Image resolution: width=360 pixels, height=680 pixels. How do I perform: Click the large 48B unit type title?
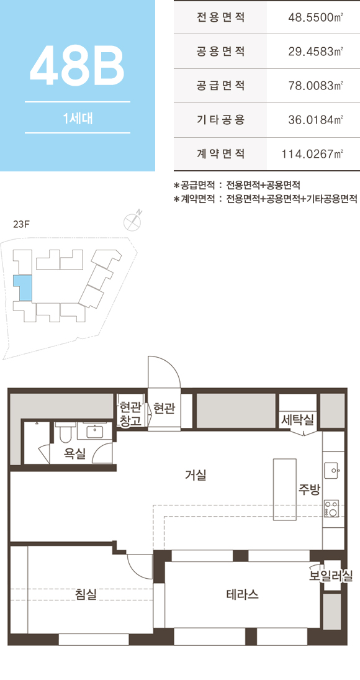[x=77, y=65]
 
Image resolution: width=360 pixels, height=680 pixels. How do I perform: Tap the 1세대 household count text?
[x=77, y=117]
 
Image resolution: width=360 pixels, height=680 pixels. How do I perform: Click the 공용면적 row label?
[x=220, y=52]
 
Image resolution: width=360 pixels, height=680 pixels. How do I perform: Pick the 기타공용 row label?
[x=220, y=120]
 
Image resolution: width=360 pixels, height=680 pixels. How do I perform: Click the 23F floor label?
[x=21, y=224]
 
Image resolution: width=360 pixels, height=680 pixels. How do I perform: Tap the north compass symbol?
[x=133, y=221]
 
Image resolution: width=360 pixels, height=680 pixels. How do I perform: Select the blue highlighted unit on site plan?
[x=22, y=287]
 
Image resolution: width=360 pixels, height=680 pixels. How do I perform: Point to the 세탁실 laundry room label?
[x=297, y=420]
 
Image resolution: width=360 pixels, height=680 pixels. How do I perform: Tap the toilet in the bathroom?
[x=65, y=430]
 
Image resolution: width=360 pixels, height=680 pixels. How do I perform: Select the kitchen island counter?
[x=285, y=489]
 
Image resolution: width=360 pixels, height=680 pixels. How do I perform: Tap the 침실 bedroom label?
[x=86, y=594]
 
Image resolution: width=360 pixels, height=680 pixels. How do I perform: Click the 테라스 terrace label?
[x=242, y=594]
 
